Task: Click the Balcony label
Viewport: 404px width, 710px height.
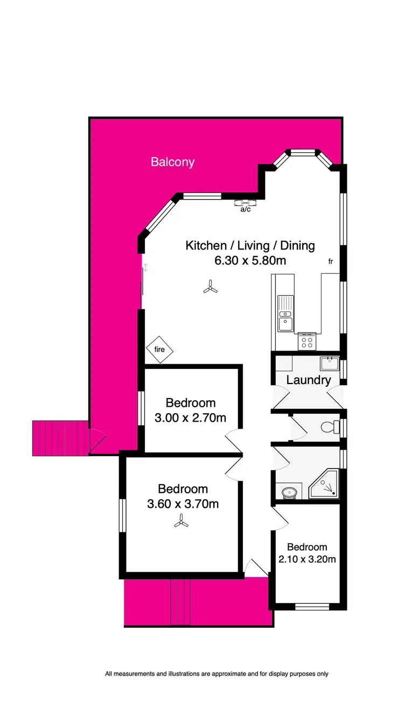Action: (172, 162)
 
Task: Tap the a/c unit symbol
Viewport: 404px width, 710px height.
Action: (246, 203)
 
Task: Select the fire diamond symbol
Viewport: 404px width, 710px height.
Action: (159, 350)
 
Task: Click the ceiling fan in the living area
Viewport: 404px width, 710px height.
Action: (211, 288)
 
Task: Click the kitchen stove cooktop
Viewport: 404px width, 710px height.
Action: (307, 341)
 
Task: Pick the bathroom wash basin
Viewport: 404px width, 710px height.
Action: (289, 492)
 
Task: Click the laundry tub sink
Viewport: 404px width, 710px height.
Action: (329, 363)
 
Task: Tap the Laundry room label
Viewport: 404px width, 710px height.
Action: (308, 380)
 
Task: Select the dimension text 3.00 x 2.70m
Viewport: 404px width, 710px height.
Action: (190, 417)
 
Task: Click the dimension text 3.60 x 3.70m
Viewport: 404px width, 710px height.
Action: (183, 504)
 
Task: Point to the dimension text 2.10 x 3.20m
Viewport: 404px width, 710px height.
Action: (307, 559)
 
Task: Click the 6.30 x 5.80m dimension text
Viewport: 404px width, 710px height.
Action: (250, 261)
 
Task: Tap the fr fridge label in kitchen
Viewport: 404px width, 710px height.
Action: (331, 261)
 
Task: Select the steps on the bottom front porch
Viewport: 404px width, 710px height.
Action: (181, 602)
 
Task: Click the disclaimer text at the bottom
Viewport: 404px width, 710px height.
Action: (217, 673)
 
